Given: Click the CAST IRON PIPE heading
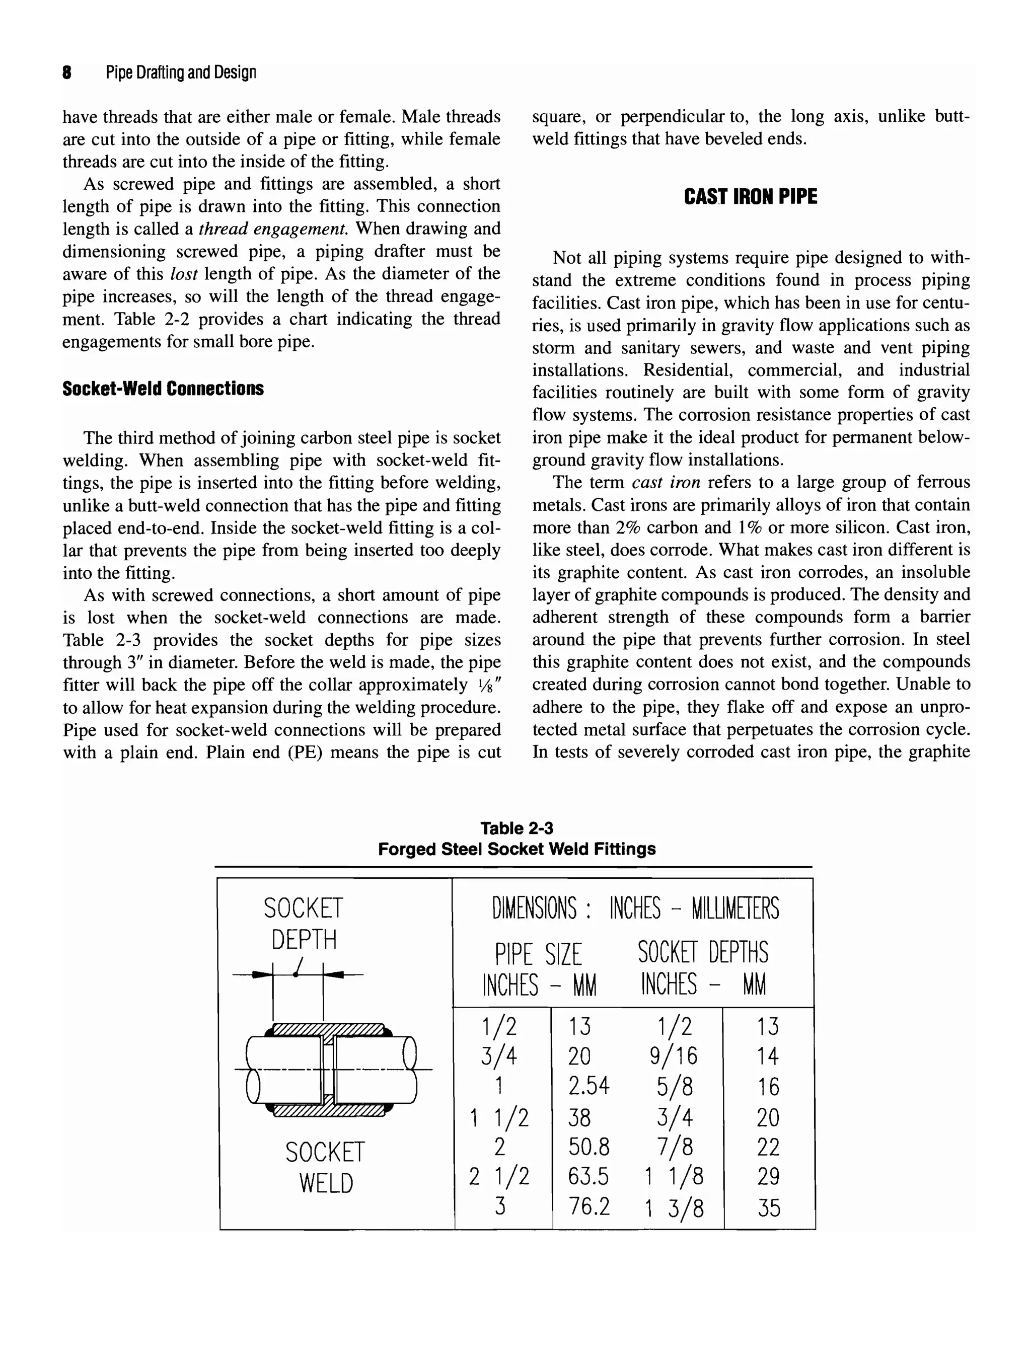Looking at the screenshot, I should coord(750,197).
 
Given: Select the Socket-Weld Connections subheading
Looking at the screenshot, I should coord(163,389).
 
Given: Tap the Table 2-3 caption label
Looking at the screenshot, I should coord(517,828).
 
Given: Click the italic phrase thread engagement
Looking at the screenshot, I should coord(274,229).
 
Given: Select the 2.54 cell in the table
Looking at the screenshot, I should coord(588,1085).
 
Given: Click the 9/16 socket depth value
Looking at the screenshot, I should coord(674,1055).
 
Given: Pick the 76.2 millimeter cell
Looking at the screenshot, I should coord(588,1205).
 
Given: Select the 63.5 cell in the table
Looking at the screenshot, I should coord(588,1176).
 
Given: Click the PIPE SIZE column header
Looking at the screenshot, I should coord(538,955).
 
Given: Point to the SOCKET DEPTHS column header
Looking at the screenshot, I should coord(703,953).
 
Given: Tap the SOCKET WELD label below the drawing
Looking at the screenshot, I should coord(325,1168).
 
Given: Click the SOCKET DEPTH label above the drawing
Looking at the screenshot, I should coord(303,924).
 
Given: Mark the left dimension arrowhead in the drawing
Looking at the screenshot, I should coord(264,974).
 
